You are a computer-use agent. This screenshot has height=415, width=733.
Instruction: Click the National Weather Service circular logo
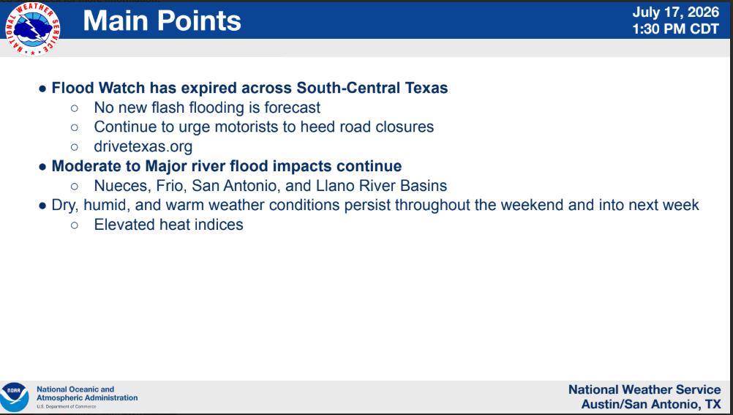(32, 29)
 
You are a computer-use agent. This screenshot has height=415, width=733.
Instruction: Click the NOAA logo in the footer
(15, 397)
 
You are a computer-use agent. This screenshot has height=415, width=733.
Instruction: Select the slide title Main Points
(162, 21)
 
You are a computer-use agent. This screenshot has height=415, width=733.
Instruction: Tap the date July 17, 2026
(675, 12)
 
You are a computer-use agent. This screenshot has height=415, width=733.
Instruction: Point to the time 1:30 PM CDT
(675, 29)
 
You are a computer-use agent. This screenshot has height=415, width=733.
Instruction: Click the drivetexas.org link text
(143, 146)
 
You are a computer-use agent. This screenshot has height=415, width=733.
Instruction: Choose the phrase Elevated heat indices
(169, 225)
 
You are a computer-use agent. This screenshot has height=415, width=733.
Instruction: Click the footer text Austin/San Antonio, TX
(651, 404)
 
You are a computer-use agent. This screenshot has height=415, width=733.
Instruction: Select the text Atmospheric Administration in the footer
(87, 398)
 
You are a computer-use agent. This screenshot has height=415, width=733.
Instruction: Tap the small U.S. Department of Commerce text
(67, 406)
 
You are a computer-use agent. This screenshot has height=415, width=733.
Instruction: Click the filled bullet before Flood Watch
(42, 89)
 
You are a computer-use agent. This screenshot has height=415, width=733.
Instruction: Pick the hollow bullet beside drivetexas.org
(75, 147)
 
